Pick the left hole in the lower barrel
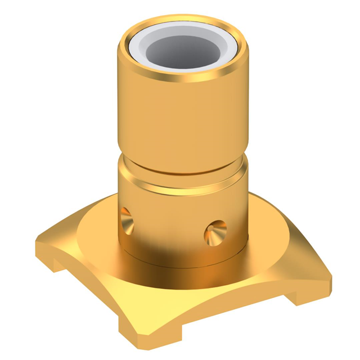pos(128,220)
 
